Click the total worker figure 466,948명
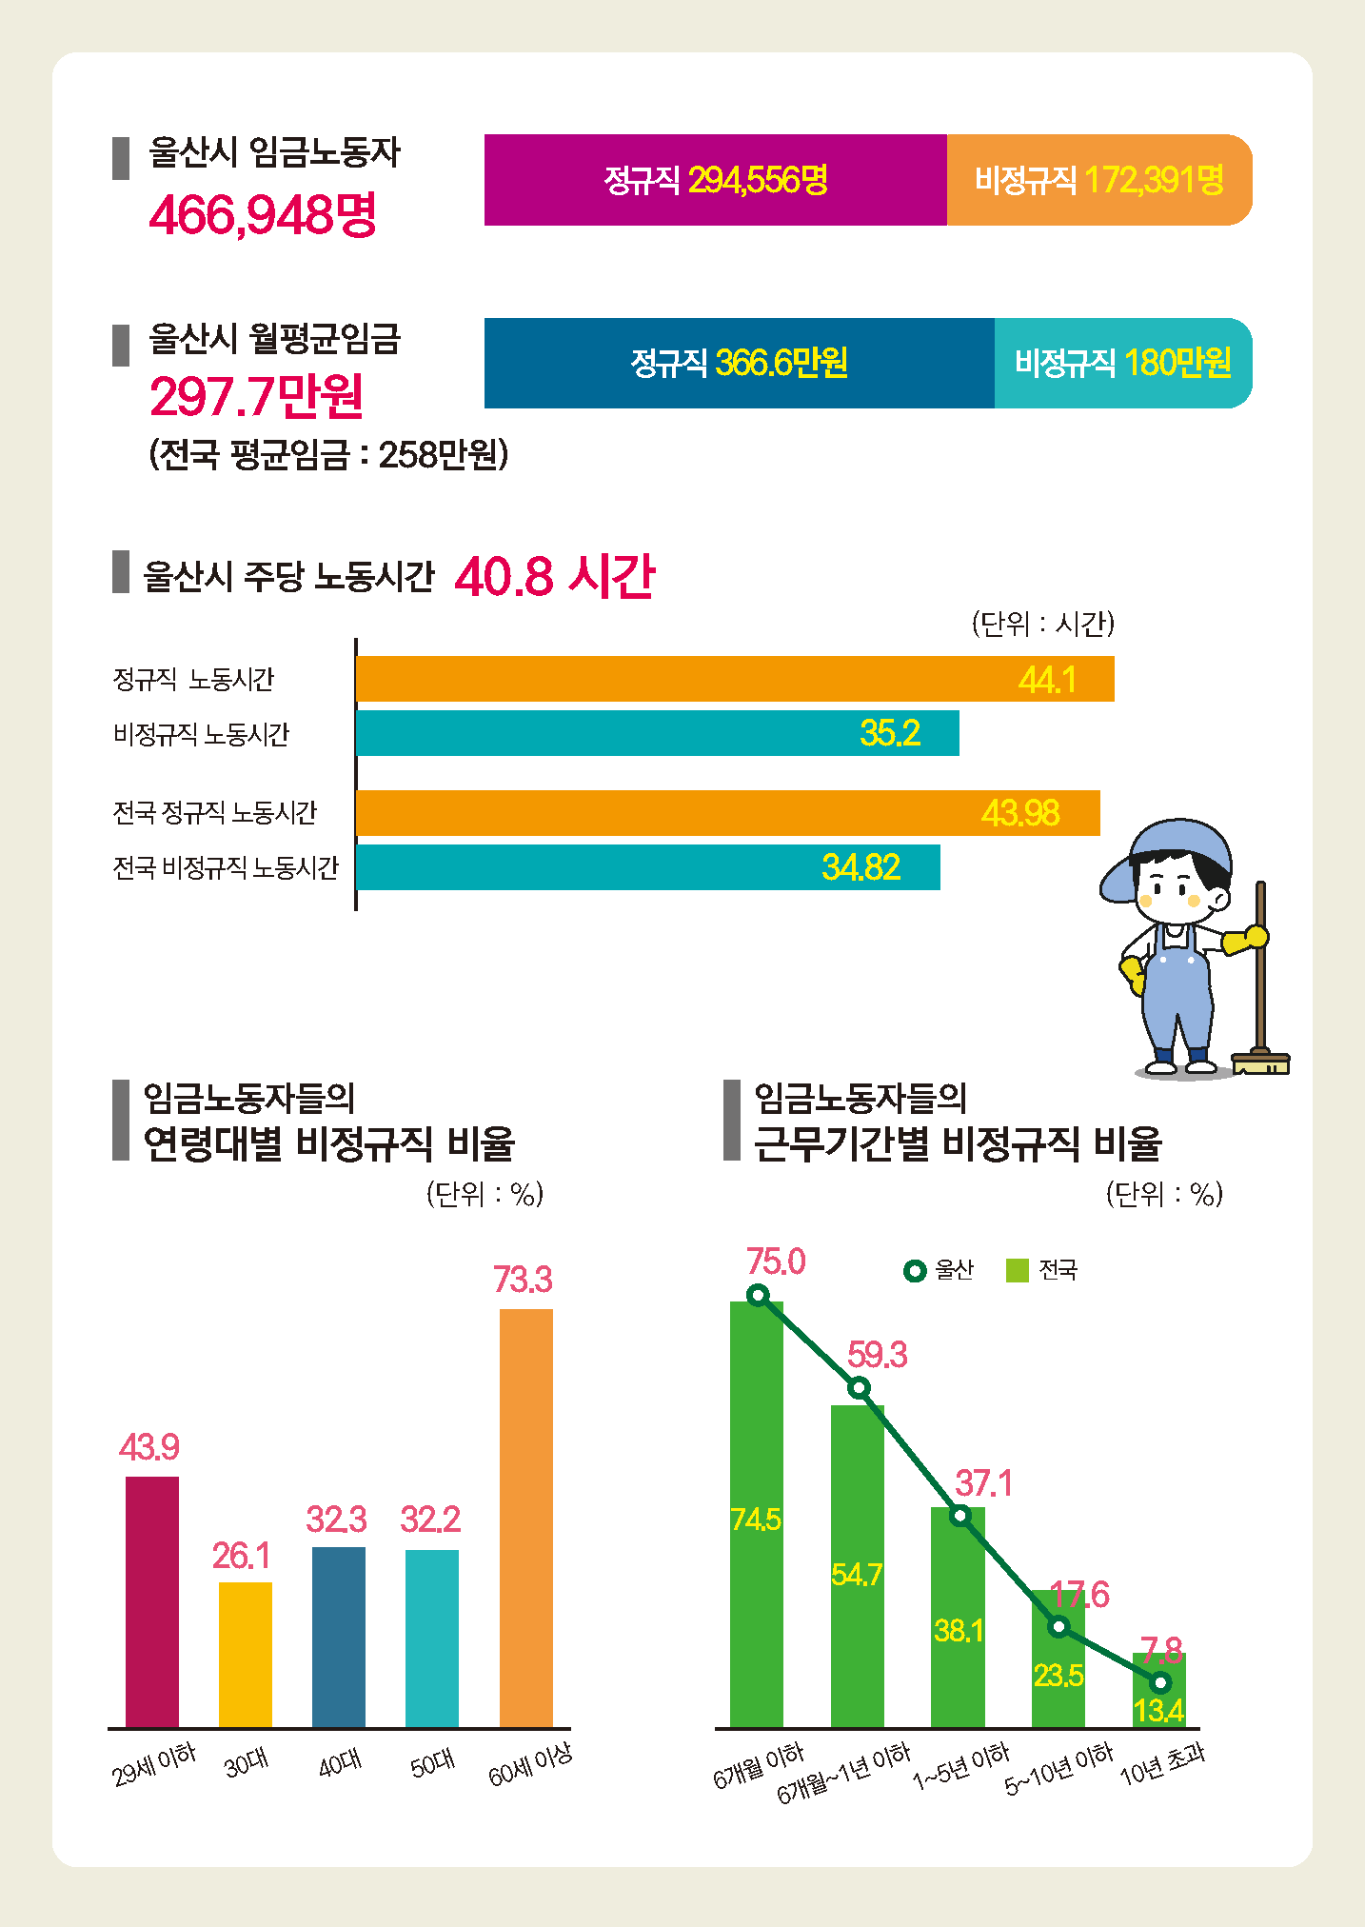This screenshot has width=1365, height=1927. tap(263, 214)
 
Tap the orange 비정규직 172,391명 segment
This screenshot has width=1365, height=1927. tap(1098, 180)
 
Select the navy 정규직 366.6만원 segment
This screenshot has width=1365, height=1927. tap(739, 363)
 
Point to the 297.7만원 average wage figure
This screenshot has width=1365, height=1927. tap(256, 396)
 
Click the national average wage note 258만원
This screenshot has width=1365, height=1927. tap(328, 454)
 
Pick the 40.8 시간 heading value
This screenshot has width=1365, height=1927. tap(555, 576)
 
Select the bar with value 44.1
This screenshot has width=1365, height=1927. tap(733, 679)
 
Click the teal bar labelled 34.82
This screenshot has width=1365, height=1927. tap(647, 867)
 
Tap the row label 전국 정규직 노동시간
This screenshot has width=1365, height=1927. tap(214, 813)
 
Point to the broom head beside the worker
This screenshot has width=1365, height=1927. tap(1261, 1062)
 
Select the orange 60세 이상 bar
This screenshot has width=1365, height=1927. tap(525, 1518)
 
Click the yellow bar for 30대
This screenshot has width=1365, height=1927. tap(246, 1654)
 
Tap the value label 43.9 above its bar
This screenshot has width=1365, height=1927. tap(149, 1447)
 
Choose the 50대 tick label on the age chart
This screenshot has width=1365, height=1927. tap(432, 1764)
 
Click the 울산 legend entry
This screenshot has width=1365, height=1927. tap(940, 1270)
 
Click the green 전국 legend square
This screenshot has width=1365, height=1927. tap(1018, 1270)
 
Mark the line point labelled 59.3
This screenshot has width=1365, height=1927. tap(859, 1387)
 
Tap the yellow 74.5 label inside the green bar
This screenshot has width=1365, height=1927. tap(756, 1520)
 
